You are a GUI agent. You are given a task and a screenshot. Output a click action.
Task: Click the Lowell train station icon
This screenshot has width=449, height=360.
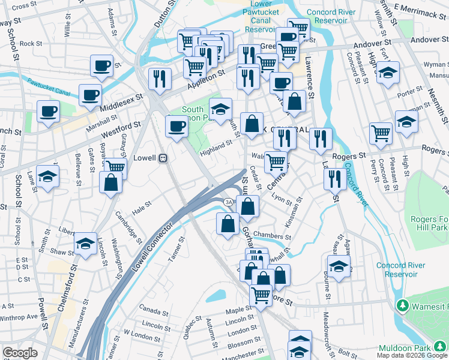[162, 158]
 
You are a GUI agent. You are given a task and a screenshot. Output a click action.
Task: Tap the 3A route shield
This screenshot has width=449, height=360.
[229, 202]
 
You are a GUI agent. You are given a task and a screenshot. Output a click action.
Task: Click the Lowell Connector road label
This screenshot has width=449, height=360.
[152, 246]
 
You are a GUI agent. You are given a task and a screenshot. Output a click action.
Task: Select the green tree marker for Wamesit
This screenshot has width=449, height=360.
[402, 307]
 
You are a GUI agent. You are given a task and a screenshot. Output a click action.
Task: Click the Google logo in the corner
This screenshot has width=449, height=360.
[20, 353]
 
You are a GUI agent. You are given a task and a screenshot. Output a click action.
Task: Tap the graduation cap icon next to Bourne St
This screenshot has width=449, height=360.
[339, 266]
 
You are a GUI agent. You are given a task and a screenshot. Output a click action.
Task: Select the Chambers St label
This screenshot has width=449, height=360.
[271, 235]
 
